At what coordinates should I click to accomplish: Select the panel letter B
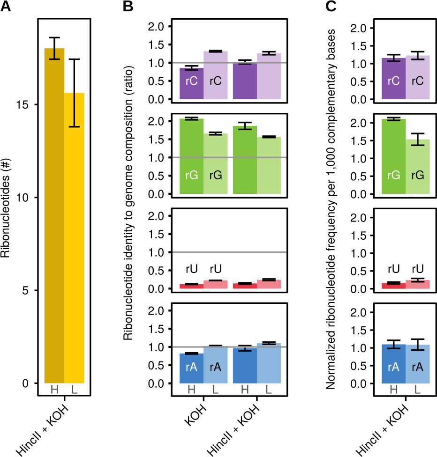pyautogui.click(x=128, y=7)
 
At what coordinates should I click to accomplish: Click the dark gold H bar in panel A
pyautogui.click(x=54, y=215)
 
